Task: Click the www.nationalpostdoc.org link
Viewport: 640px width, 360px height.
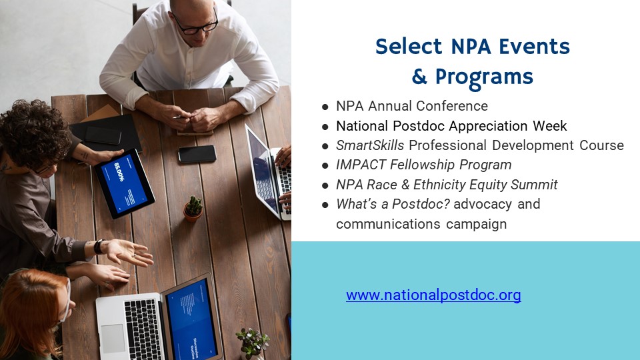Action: point(433,295)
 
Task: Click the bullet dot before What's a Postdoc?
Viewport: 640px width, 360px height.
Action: point(325,205)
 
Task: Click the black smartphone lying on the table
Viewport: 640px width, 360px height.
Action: point(197,154)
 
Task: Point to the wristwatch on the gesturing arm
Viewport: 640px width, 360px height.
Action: point(99,246)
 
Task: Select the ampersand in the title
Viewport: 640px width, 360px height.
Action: point(419,77)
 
